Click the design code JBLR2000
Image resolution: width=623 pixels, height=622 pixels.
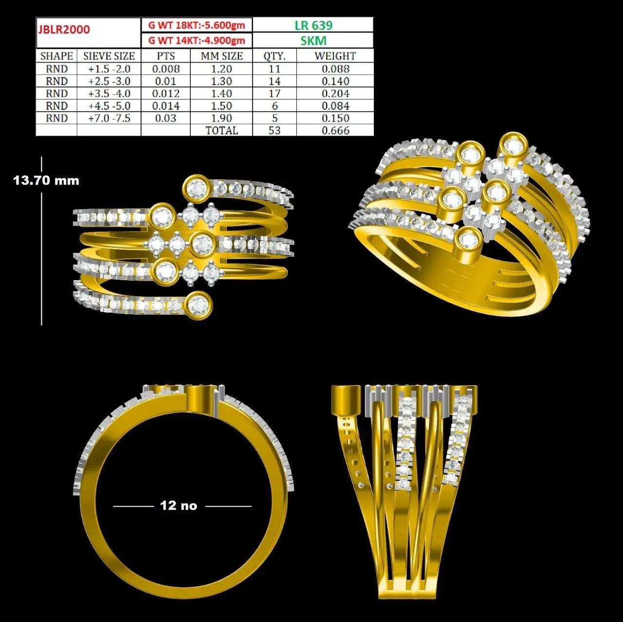coord(64,29)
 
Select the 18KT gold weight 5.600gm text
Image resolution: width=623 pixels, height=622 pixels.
coord(197,25)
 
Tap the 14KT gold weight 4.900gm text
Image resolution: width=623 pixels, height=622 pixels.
coord(197,40)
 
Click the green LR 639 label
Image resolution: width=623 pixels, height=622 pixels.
coord(313,25)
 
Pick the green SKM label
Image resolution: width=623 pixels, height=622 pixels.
coord(313,41)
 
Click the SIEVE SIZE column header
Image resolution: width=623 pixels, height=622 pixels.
coord(109,56)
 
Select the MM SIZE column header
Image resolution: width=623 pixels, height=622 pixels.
coord(221,56)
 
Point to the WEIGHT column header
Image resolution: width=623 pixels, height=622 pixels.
coord(335,56)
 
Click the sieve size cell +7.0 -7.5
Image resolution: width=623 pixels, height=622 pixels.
coord(110,118)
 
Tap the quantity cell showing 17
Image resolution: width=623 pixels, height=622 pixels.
coord(275,93)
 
